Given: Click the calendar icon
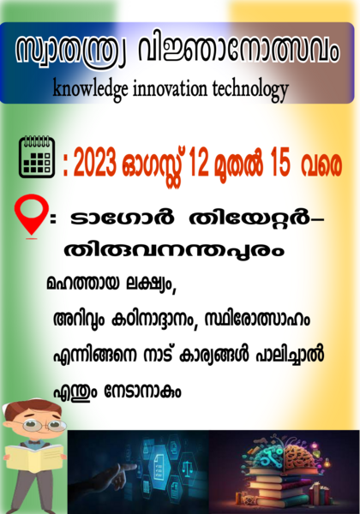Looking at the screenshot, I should pos(37,158).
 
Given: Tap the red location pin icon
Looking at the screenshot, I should pos(32,215).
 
